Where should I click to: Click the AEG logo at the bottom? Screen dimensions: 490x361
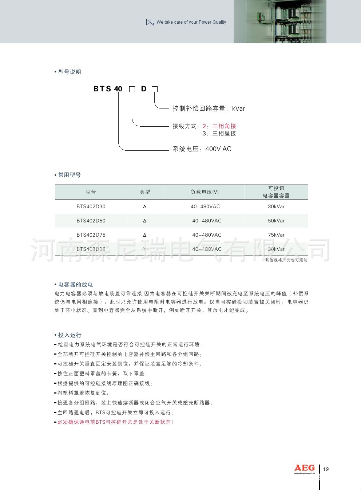pyautogui.click(x=304, y=468)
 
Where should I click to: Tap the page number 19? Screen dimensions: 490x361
pyautogui.click(x=326, y=469)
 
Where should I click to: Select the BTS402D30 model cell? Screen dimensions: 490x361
pyautogui.click(x=91, y=206)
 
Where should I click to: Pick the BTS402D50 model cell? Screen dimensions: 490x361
pyautogui.click(x=91, y=221)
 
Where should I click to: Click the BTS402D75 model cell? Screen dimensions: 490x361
pyautogui.click(x=91, y=235)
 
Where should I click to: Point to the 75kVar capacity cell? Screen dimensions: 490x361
pyautogui.click(x=276, y=235)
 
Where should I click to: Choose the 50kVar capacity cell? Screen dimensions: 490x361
pyautogui.click(x=276, y=221)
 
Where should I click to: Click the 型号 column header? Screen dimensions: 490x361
pyautogui.click(x=91, y=192)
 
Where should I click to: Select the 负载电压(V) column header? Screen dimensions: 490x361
pyautogui.click(x=205, y=192)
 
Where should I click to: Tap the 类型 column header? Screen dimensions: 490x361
pyautogui.click(x=145, y=192)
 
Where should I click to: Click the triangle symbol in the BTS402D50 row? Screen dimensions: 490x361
pyautogui.click(x=145, y=221)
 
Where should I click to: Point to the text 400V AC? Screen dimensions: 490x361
pyautogui.click(x=218, y=149)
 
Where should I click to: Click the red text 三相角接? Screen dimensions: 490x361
pyautogui.click(x=224, y=126)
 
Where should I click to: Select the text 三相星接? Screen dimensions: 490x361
pyautogui.click(x=224, y=134)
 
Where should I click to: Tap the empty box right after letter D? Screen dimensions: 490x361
pyautogui.click(x=155, y=89)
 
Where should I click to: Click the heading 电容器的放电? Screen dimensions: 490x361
pyautogui.click(x=75, y=284)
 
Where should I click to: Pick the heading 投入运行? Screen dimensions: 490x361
pyautogui.click(x=70, y=335)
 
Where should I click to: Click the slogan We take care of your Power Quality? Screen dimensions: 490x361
pyautogui.click(x=191, y=22)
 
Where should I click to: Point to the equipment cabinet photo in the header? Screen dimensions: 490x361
pyautogui.click(x=280, y=21)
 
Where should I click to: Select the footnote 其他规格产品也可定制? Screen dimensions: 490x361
pyautogui.click(x=286, y=260)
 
